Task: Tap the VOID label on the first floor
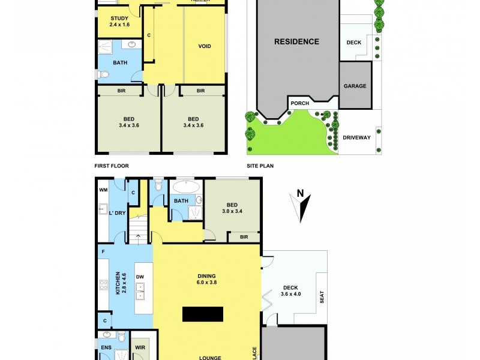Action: point(205,46)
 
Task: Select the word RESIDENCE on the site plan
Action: point(296,42)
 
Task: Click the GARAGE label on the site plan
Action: point(355,86)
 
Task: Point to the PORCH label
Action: point(299,103)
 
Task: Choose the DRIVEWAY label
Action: point(356,137)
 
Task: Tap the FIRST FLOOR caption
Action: point(112,166)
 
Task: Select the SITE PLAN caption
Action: point(260,166)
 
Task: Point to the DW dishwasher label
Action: point(140,277)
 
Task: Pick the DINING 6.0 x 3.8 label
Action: point(206,280)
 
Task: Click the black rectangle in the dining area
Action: point(203,314)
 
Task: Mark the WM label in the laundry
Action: point(103,190)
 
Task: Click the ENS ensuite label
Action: point(106,347)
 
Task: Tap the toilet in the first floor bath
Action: point(103,74)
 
